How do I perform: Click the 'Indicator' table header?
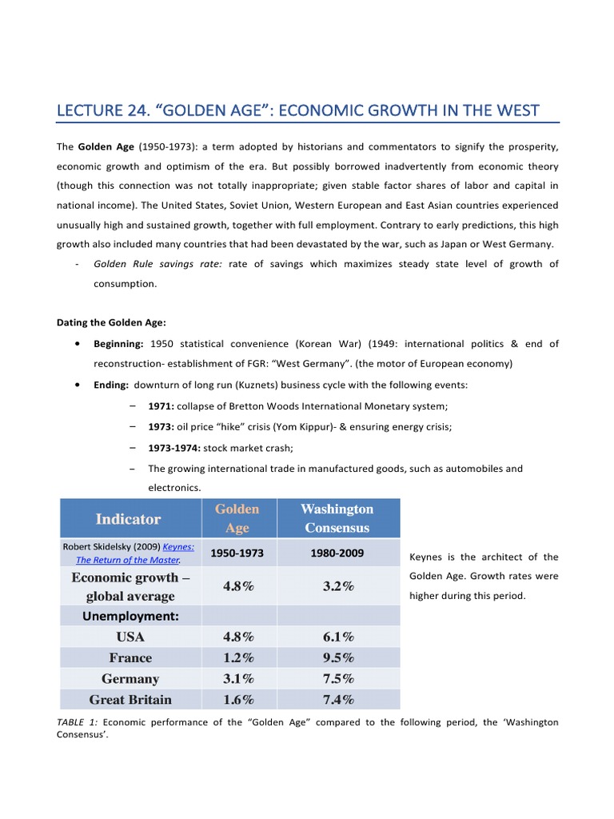pyautogui.click(x=128, y=518)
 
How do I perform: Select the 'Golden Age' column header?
pyautogui.click(x=237, y=518)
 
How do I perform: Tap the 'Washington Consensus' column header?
pyautogui.click(x=337, y=518)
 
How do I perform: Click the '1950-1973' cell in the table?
pyautogui.click(x=237, y=553)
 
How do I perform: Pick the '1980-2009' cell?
pyautogui.click(x=337, y=553)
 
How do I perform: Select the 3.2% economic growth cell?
pyautogui.click(x=337, y=586)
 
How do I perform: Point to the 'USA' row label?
pyautogui.click(x=130, y=637)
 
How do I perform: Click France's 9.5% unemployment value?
pyautogui.click(x=337, y=657)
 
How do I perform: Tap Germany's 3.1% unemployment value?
pyautogui.click(x=237, y=678)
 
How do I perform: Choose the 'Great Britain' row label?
pyautogui.click(x=130, y=699)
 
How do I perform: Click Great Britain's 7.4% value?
pyautogui.click(x=337, y=699)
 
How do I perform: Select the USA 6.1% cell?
pyautogui.click(x=337, y=637)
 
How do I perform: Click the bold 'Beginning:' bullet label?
pyautogui.click(x=118, y=344)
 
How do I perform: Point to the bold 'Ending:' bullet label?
pyautogui.click(x=111, y=385)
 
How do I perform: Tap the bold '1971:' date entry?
pyautogui.click(x=161, y=406)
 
